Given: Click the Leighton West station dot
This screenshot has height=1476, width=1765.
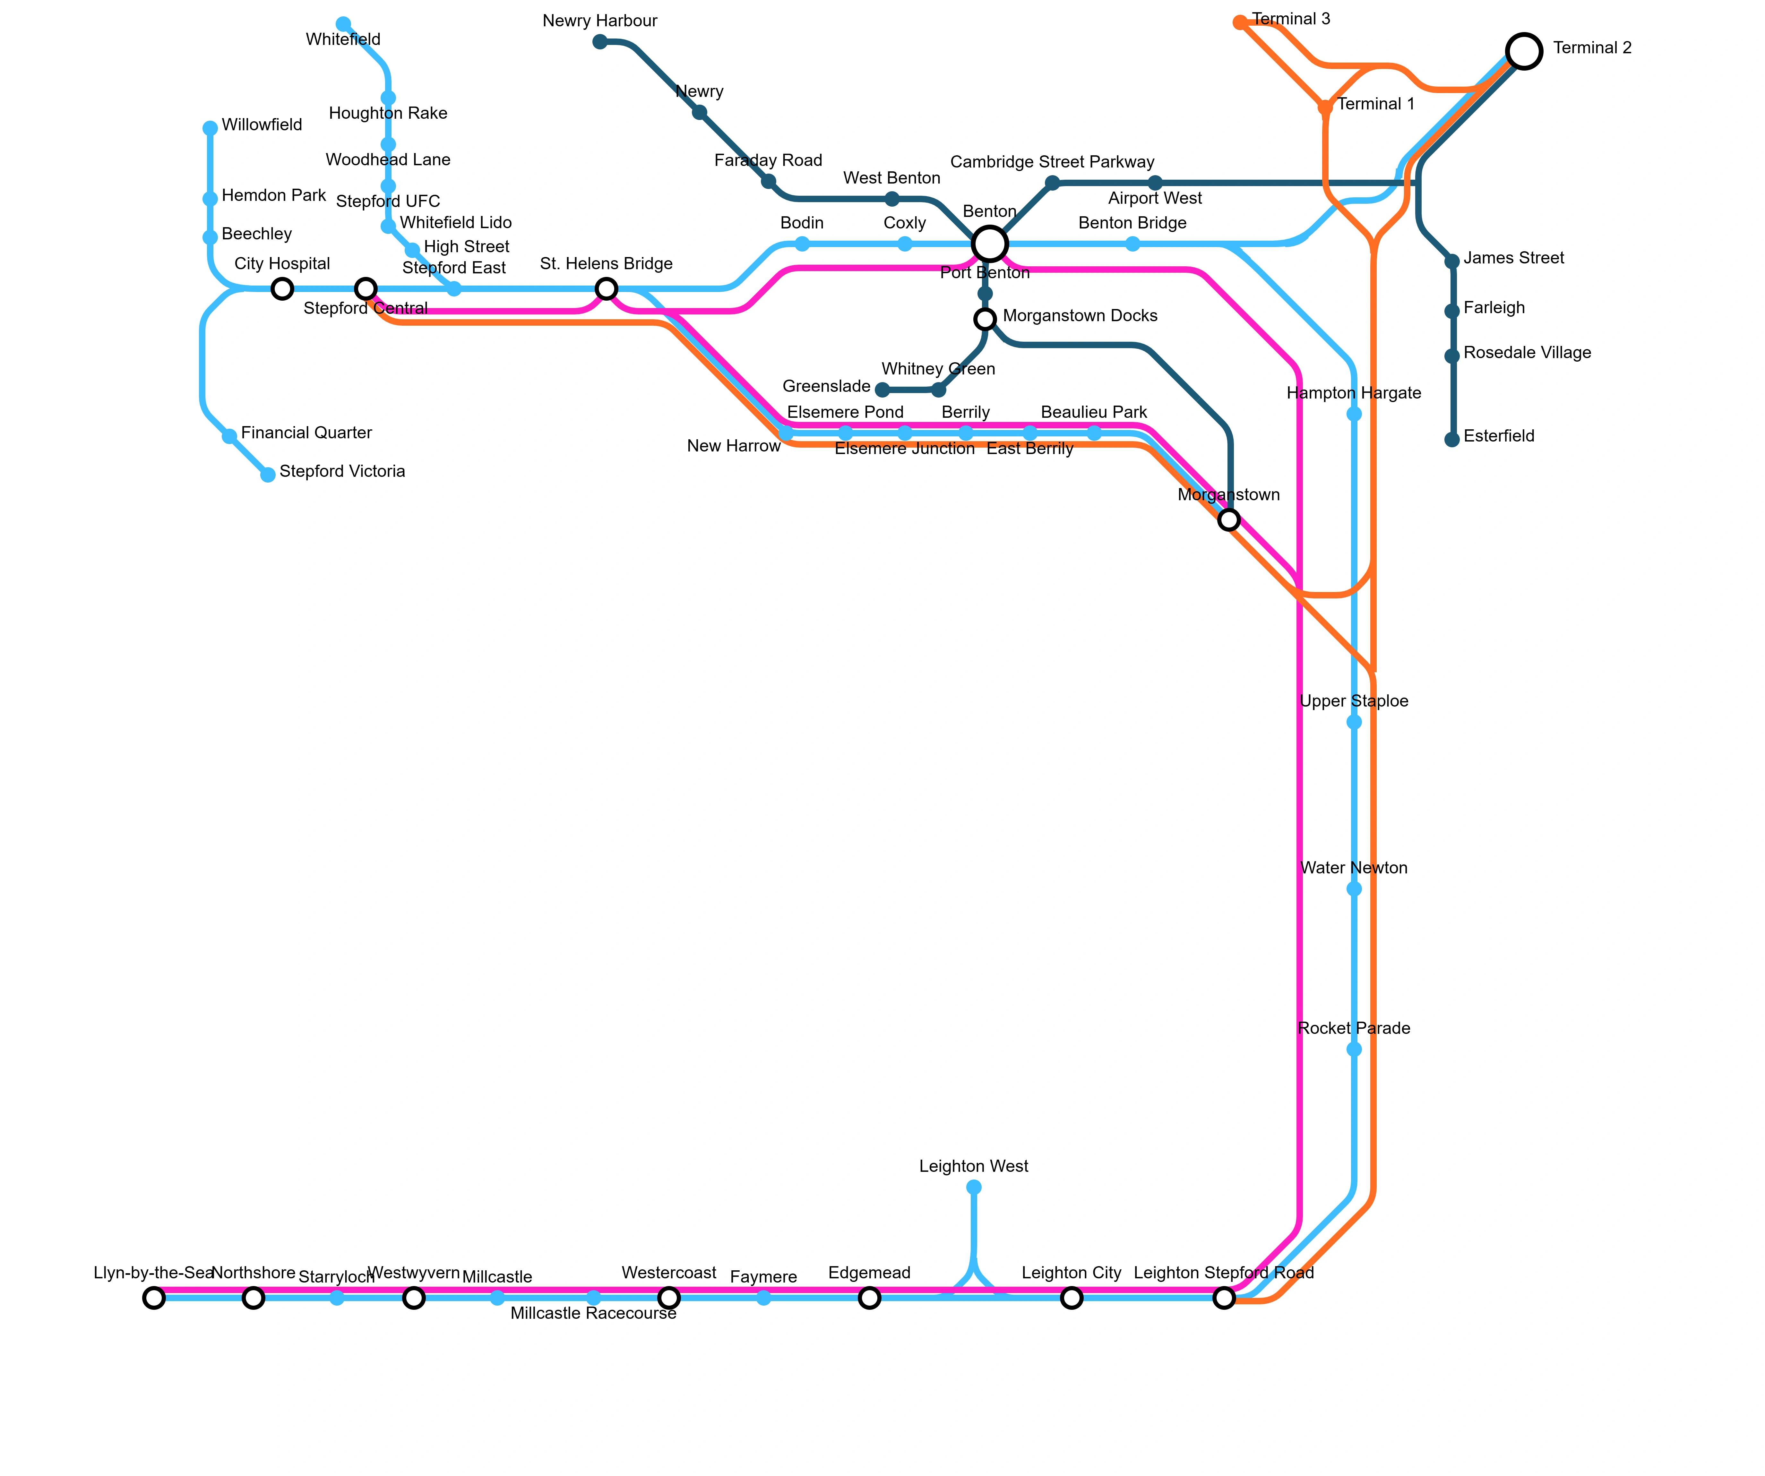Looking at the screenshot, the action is coord(973,1187).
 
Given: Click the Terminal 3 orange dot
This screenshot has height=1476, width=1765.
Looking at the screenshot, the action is coord(1240,23).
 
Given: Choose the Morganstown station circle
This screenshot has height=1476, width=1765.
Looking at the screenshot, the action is coord(1229,519).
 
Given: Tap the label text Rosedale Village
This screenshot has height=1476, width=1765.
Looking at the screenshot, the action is coord(1527,353).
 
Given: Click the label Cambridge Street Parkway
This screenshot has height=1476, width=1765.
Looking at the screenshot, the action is coord(1052,161).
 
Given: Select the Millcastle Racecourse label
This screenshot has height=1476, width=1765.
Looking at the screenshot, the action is coord(593,1313).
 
